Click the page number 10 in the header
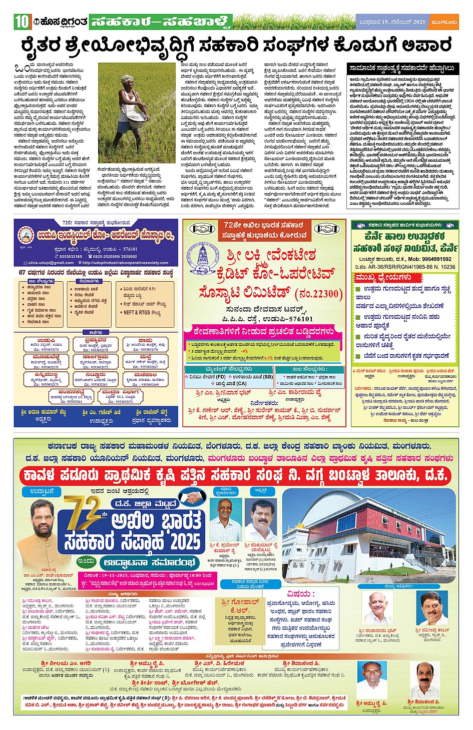click(x=22, y=22)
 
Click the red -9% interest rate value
click(x=245, y=351)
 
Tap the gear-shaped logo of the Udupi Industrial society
click(x=26, y=235)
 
